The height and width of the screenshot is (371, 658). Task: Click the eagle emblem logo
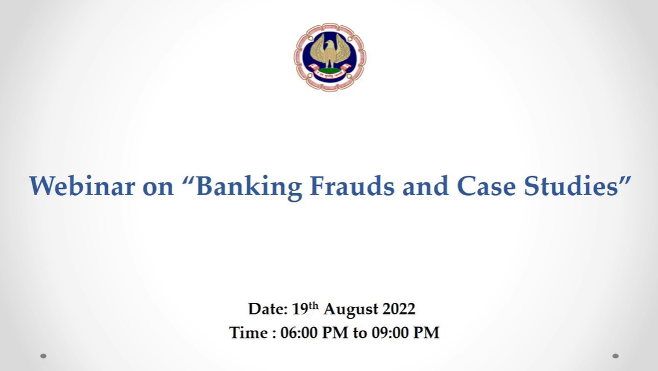pos(330,57)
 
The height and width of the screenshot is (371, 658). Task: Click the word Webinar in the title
pos(82,185)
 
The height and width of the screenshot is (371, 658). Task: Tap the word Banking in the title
pos(249,187)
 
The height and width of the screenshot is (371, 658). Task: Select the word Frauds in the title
pos(352,185)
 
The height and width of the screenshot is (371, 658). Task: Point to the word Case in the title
pos(486,185)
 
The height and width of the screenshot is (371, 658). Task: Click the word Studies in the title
pos(571,185)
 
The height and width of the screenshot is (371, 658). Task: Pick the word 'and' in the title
pos(425,185)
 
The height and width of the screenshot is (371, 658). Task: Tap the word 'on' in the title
pos(158,187)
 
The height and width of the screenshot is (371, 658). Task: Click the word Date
pos(268,309)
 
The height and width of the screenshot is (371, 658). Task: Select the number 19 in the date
pos(300,309)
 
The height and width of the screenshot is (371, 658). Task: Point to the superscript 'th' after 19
pos(313,305)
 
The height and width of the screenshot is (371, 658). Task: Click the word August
pos(351,310)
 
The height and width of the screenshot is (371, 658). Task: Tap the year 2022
pos(399,309)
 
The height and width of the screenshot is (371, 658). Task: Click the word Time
pos(248,333)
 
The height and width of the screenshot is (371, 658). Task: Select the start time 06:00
pos(299,333)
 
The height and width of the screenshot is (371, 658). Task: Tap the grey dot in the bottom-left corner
pos(43,356)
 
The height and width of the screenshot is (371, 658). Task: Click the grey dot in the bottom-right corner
pos(616,356)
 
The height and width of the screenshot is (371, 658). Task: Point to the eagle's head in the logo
pos(330,44)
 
